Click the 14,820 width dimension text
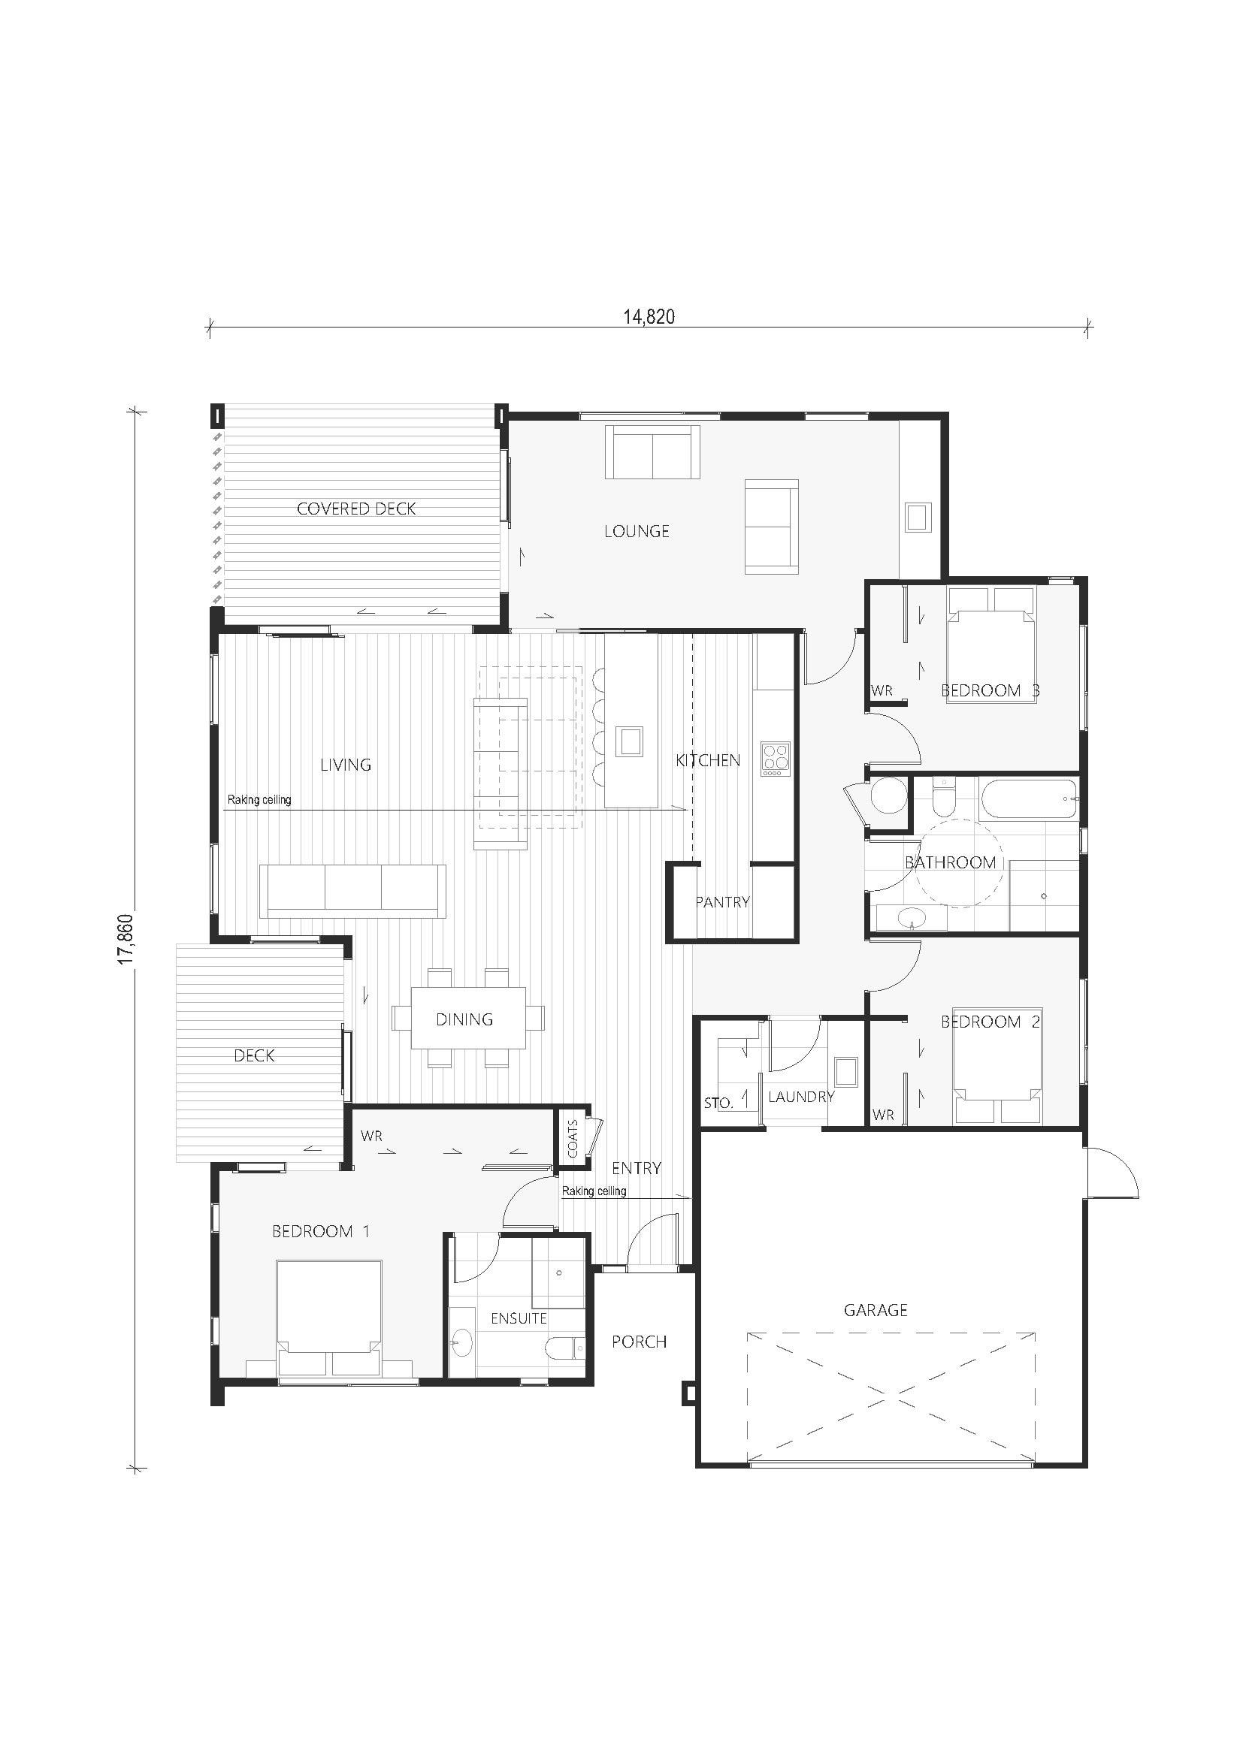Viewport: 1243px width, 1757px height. coord(649,317)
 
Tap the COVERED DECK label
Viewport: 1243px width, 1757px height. coord(357,509)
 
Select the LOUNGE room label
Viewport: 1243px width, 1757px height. coord(637,531)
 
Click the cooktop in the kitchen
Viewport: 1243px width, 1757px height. coord(776,759)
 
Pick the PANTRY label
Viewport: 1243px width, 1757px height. coord(722,902)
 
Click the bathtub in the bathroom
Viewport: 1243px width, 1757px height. coord(1029,798)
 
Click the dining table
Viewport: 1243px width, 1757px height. coord(469,1019)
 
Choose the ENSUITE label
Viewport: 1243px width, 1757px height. coord(519,1318)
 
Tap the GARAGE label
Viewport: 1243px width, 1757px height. coord(876,1310)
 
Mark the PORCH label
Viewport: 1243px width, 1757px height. coord(639,1342)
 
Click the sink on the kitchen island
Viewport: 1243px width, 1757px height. coord(631,741)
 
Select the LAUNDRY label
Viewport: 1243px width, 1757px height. coord(801,1097)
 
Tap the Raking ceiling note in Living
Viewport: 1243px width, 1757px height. coord(259,800)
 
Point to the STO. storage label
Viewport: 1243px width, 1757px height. coord(718,1103)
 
